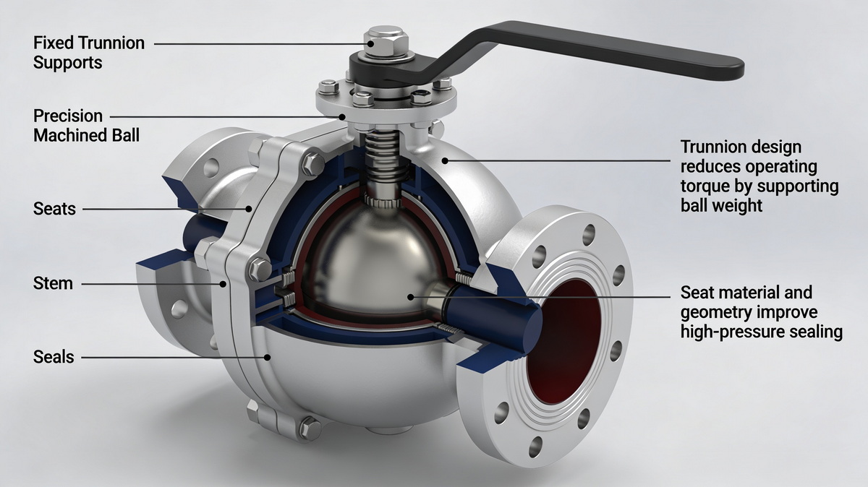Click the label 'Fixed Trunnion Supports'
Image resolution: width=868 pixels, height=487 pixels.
click(x=89, y=53)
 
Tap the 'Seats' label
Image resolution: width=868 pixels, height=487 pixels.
click(x=54, y=209)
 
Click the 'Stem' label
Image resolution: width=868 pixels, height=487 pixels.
click(x=53, y=283)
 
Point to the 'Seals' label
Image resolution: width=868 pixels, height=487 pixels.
click(x=54, y=356)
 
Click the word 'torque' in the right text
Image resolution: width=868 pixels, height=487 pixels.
click(x=704, y=186)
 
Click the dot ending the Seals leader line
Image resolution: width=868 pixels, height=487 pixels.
click(x=268, y=356)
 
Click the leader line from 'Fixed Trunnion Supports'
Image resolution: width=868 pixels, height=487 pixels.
click(x=260, y=43)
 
